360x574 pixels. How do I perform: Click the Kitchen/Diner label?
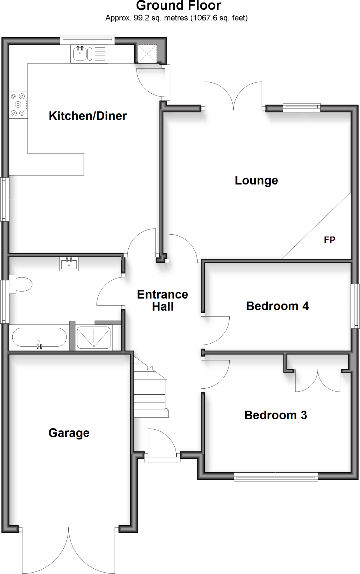[x=88, y=116]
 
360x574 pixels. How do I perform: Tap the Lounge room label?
[x=256, y=180]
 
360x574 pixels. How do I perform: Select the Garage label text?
[x=69, y=433]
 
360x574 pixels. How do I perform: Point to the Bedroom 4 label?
[x=277, y=306]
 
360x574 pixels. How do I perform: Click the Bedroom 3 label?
[x=276, y=415]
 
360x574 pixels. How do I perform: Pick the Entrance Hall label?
[x=163, y=300]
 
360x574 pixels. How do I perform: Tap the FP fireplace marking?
[x=329, y=240]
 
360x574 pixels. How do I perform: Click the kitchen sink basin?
[x=80, y=54]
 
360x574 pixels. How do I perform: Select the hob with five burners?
[x=18, y=105]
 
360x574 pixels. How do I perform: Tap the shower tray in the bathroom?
[x=94, y=337]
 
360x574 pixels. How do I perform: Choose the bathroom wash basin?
[x=69, y=264]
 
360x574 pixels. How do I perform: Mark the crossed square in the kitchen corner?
[x=147, y=54]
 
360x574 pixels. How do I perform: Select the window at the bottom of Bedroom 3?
[x=276, y=476]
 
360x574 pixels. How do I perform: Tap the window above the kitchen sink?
[x=87, y=40]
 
